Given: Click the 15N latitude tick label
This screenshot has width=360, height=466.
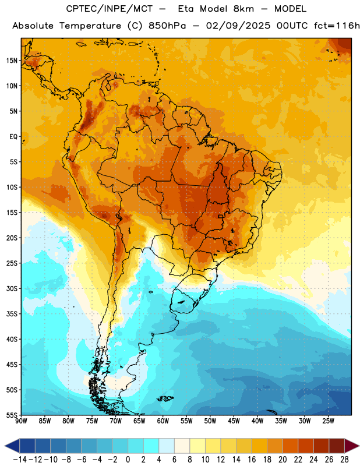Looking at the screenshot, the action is pyautogui.click(x=12, y=61).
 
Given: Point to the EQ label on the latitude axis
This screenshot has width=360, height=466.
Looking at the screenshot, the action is pyautogui.click(x=13, y=137).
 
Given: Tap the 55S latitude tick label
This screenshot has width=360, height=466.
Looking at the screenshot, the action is pyautogui.click(x=12, y=415).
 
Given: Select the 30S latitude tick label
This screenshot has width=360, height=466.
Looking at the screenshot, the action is pyautogui.click(x=12, y=288).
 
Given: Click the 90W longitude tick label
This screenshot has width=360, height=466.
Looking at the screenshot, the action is pyautogui.click(x=21, y=421).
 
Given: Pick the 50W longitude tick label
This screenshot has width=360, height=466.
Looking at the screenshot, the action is pyautogui.click(x=210, y=421).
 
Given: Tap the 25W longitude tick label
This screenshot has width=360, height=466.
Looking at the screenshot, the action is pyautogui.click(x=328, y=421).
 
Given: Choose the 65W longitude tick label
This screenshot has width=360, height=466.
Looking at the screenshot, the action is pyautogui.click(x=139, y=421).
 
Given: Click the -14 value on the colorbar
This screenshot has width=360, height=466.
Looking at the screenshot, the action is pyautogui.click(x=20, y=460).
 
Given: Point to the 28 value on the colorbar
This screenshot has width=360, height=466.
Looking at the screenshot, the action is pyautogui.click(x=344, y=460).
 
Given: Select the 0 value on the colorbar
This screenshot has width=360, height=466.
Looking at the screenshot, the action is pyautogui.click(x=128, y=460).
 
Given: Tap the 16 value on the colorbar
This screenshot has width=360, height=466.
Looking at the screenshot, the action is pyautogui.click(x=252, y=460).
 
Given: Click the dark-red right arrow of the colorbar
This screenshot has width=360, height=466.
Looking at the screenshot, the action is pyautogui.click(x=352, y=446).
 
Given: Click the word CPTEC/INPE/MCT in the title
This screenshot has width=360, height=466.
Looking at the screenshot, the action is pyautogui.click(x=110, y=9).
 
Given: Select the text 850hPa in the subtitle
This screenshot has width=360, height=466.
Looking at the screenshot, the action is pyautogui.click(x=167, y=26).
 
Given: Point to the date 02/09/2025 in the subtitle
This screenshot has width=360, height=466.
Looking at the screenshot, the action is pyautogui.click(x=238, y=26).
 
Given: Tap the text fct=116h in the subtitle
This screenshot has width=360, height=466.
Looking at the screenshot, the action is pyautogui.click(x=337, y=26).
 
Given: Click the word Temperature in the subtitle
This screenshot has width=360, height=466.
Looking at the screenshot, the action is pyautogui.click(x=90, y=26).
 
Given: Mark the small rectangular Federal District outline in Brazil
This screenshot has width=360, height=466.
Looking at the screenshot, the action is pyautogui.click(x=221, y=216).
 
